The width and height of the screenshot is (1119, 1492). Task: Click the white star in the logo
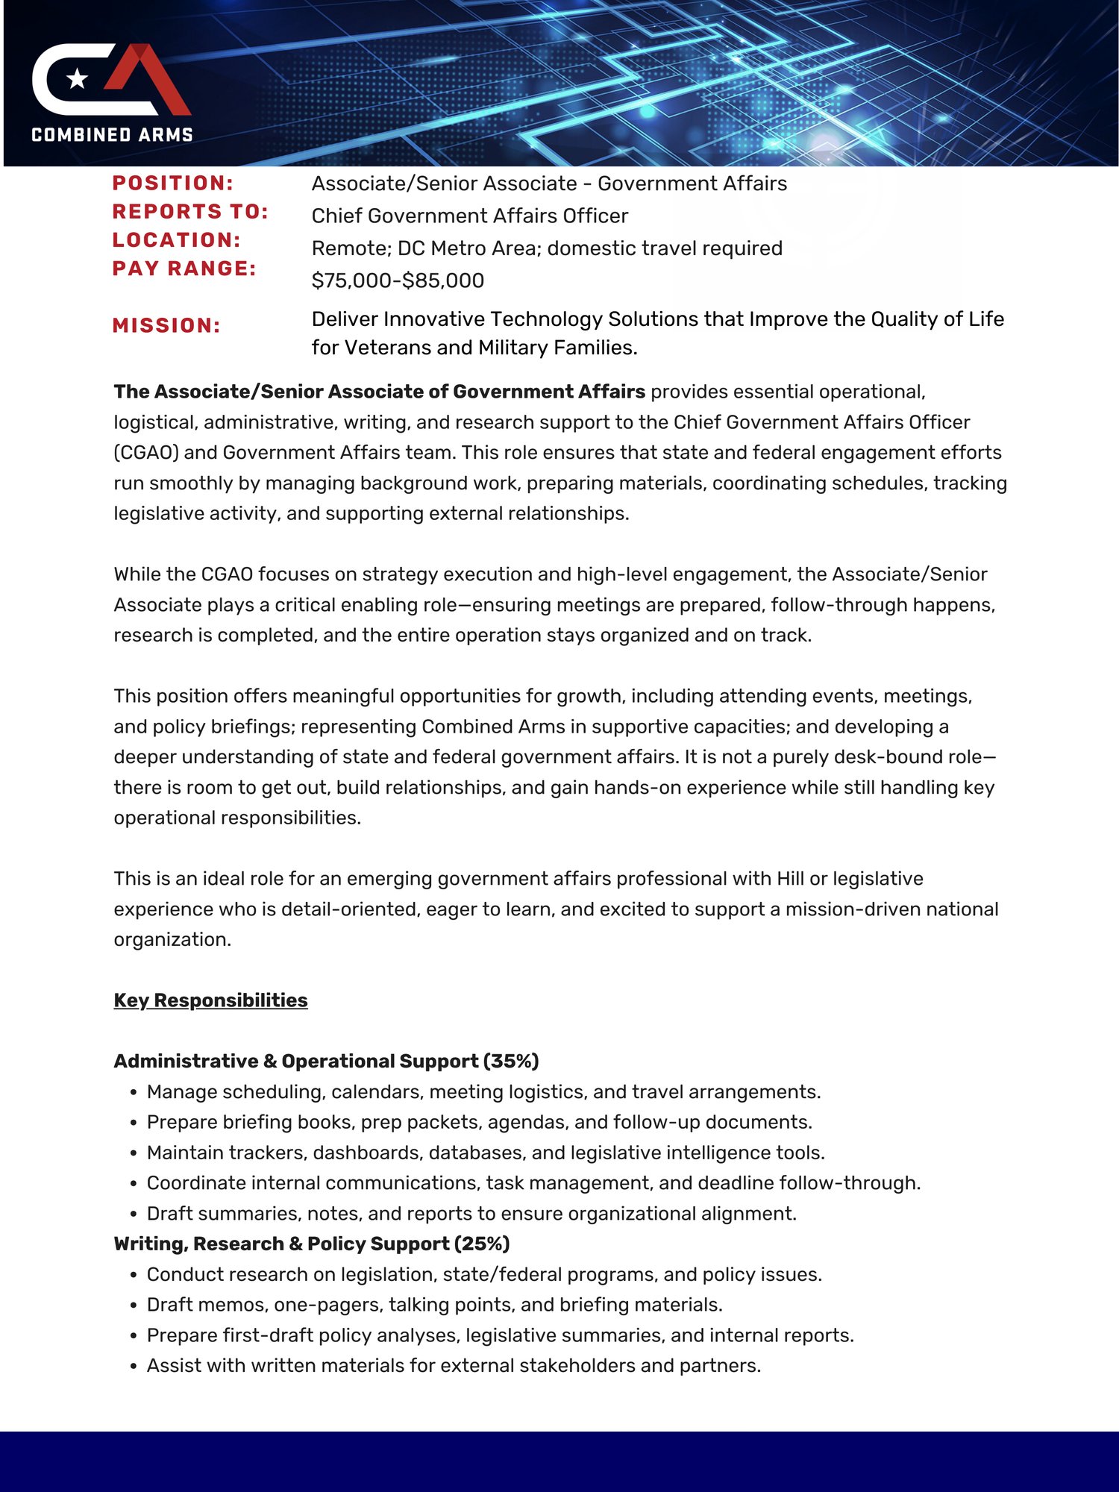click(x=78, y=78)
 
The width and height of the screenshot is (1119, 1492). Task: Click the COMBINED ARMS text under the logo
click(x=113, y=135)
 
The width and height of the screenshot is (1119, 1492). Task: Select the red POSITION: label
click(x=173, y=184)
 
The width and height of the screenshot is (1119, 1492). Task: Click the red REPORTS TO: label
click(x=190, y=212)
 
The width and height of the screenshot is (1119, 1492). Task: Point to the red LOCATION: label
click(x=177, y=240)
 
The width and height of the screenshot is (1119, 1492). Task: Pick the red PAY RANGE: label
click(x=184, y=269)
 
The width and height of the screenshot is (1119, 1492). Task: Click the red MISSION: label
click(x=166, y=326)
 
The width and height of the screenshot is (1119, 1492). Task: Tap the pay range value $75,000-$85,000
click(x=398, y=280)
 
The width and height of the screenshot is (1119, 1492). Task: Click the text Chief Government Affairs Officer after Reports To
click(x=469, y=216)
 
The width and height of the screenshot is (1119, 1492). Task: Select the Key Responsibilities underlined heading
click(x=210, y=1000)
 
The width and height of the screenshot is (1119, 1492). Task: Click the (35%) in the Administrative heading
click(x=511, y=1061)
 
